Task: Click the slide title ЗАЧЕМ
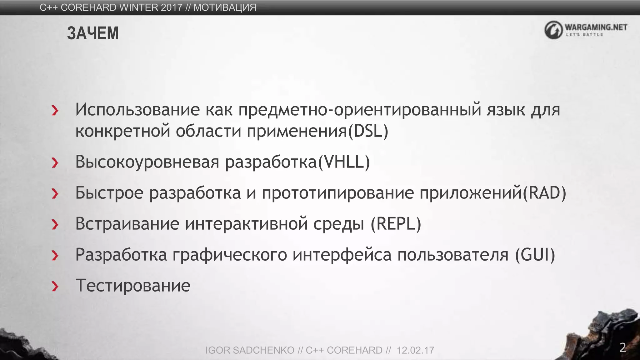pyautogui.click(x=93, y=33)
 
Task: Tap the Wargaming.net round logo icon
pyautogui.click(x=553, y=30)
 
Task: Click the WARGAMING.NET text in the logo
pyautogui.click(x=596, y=27)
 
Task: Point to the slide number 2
pyautogui.click(x=623, y=347)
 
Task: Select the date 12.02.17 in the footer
pyautogui.click(x=415, y=350)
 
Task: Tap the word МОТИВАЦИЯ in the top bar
pyautogui.click(x=225, y=7)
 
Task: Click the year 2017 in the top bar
pyautogui.click(x=172, y=7)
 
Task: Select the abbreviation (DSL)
pyautogui.click(x=368, y=131)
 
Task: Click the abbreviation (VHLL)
pyautogui.click(x=344, y=162)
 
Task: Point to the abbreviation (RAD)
pyautogui.click(x=544, y=193)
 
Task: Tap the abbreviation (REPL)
pyautogui.click(x=396, y=224)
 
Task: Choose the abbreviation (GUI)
pyautogui.click(x=535, y=255)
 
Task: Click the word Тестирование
pyautogui.click(x=133, y=286)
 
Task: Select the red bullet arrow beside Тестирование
pyautogui.click(x=55, y=286)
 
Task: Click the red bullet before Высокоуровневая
pyautogui.click(x=55, y=162)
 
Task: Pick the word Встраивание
pyautogui.click(x=127, y=224)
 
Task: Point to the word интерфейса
pyautogui.click(x=342, y=255)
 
